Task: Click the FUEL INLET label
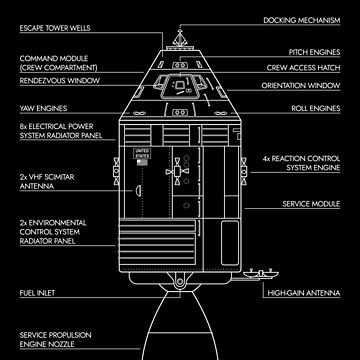[x=35, y=294]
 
